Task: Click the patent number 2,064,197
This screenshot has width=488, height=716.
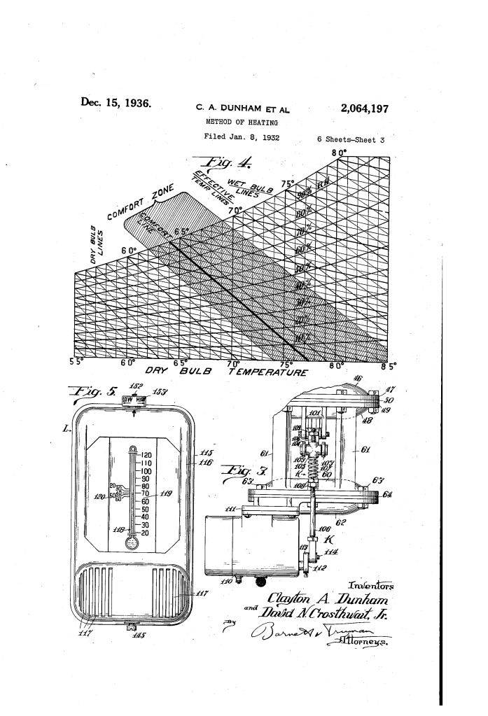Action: [363, 108]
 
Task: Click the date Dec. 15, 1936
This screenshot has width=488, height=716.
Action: [120, 102]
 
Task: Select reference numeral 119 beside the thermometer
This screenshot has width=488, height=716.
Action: [165, 493]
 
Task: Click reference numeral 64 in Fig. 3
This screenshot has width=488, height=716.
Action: [389, 496]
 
